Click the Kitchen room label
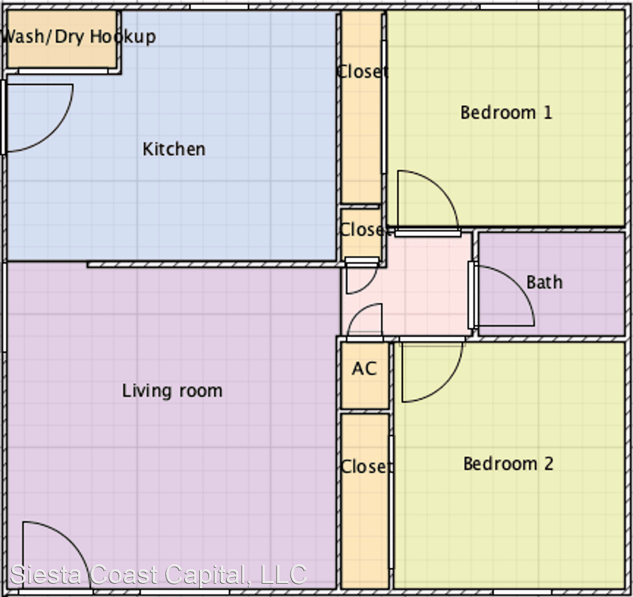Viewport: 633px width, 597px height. click(174, 149)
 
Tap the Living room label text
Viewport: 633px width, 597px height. click(173, 391)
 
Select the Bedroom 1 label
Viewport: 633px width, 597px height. click(506, 112)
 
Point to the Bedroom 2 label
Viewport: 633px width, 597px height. click(509, 463)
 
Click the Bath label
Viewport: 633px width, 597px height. click(544, 282)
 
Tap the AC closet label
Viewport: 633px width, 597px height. click(364, 369)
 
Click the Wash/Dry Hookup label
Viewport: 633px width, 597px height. click(79, 36)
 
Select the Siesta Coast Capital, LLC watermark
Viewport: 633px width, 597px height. click(158, 574)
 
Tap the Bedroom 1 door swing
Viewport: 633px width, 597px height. click(440, 186)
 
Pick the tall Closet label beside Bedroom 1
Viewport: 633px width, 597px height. click(362, 72)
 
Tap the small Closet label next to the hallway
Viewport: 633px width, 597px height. click(365, 229)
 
